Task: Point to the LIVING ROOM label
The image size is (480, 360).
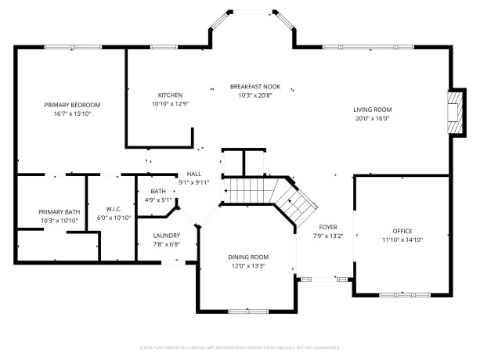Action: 373,110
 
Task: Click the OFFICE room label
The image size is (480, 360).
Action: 402,231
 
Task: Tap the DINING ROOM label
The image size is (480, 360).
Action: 248,257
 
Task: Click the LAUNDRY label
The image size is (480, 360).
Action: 166,235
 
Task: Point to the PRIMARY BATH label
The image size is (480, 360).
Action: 60,212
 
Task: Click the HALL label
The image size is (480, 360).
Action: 194,174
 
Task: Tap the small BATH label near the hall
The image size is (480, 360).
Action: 158,191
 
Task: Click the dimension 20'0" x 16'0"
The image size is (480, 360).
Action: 373,119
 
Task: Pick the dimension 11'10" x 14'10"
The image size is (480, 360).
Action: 402,240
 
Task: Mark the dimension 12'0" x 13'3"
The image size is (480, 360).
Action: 248,266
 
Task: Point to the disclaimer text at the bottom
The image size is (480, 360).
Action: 240,347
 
